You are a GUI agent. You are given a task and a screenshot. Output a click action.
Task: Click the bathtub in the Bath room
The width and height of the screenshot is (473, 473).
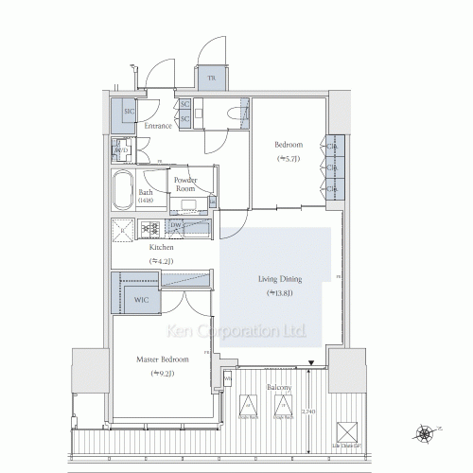[123, 192]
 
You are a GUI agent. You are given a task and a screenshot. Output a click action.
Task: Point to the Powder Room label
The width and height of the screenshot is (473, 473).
[184, 184]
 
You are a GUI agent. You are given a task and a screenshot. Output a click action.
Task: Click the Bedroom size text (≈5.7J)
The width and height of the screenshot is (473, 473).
[288, 158]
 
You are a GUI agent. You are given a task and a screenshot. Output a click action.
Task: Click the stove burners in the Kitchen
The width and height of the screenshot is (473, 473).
[149, 228]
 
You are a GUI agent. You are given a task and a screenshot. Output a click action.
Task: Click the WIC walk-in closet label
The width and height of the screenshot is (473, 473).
[141, 300]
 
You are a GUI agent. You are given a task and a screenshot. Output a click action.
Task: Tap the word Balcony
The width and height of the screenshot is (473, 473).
[278, 388]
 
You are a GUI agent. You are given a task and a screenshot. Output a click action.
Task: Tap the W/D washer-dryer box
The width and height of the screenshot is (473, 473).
[122, 150]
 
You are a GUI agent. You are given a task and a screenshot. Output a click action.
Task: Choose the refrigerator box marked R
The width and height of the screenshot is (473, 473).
[123, 228]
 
